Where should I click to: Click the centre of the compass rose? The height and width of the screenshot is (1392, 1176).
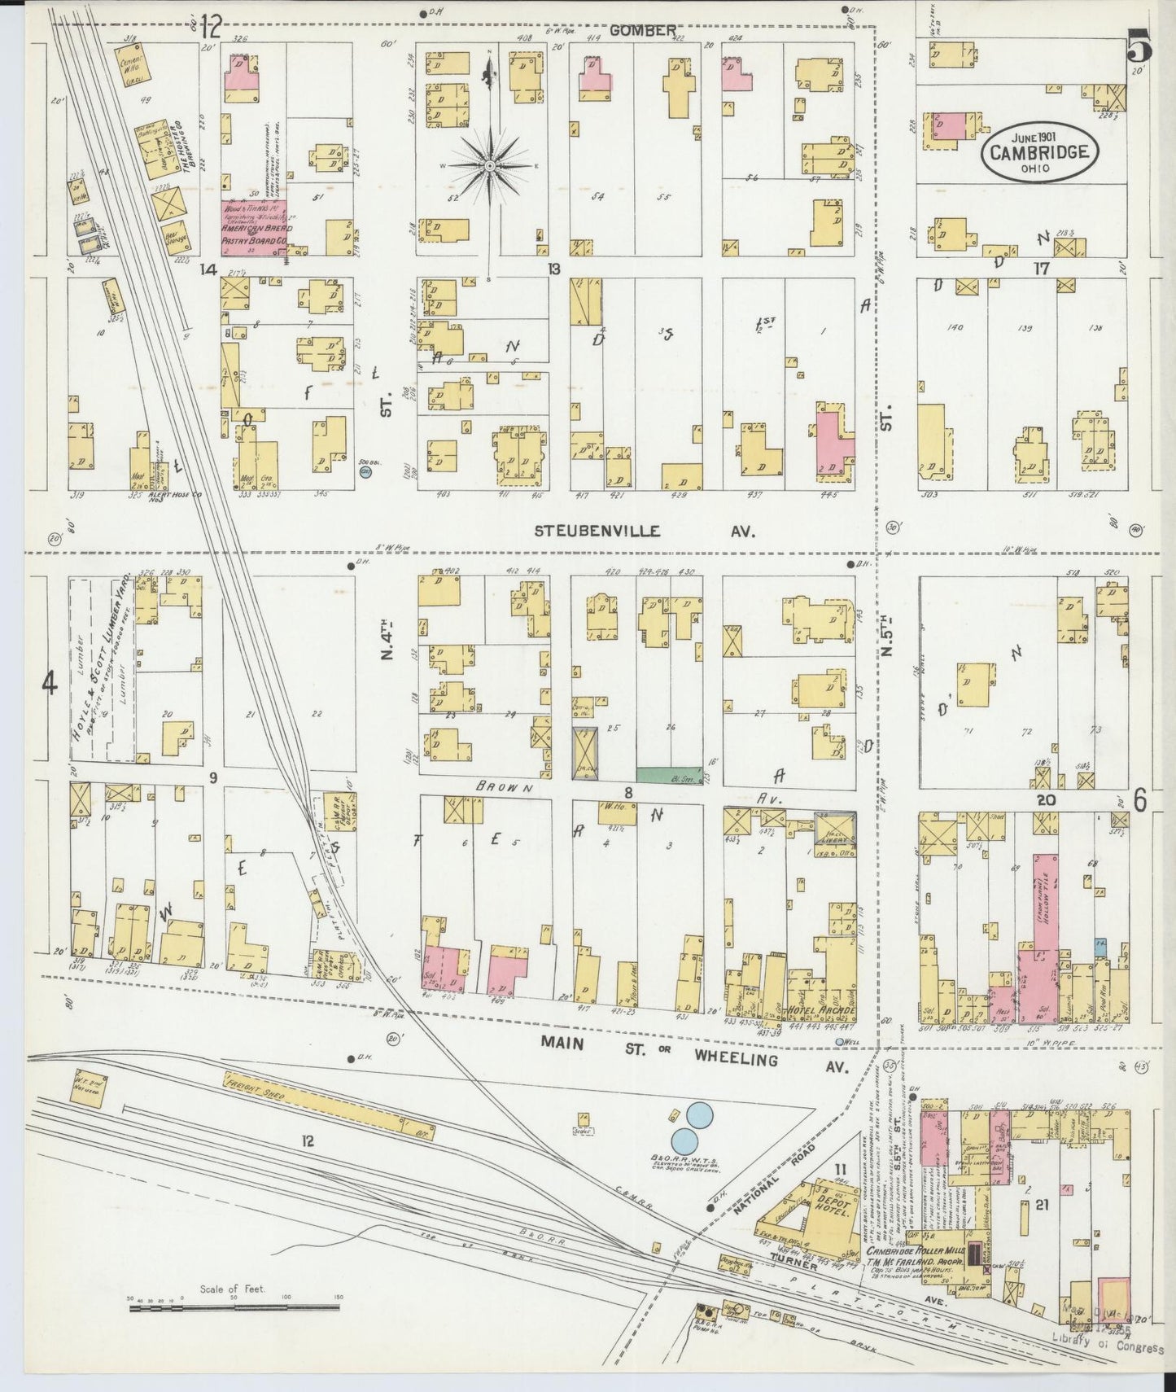pyautogui.click(x=490, y=166)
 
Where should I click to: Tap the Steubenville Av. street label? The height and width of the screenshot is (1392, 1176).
pyautogui.click(x=644, y=531)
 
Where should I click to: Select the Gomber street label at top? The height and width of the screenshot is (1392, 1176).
pyautogui.click(x=641, y=30)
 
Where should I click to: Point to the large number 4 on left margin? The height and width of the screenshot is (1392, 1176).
pyautogui.click(x=50, y=685)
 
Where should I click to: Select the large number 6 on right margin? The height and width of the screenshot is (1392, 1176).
pyautogui.click(x=1140, y=801)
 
